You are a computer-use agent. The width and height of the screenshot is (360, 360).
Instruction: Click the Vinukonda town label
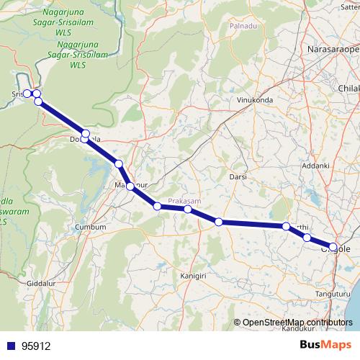(251, 101)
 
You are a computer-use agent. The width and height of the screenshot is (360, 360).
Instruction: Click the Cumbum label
(91, 227)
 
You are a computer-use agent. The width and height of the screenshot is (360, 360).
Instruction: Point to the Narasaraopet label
(333, 48)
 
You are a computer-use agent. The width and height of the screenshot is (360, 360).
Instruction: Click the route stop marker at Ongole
(333, 247)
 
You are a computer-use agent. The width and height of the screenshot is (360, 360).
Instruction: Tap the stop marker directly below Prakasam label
(187, 210)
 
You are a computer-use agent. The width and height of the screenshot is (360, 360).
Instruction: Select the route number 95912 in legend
(36, 346)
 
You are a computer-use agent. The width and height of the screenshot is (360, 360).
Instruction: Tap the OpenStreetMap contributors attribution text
(297, 322)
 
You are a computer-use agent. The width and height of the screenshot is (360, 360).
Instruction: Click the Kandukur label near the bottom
(300, 329)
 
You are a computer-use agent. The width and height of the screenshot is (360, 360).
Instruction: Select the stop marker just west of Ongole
(307, 238)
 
